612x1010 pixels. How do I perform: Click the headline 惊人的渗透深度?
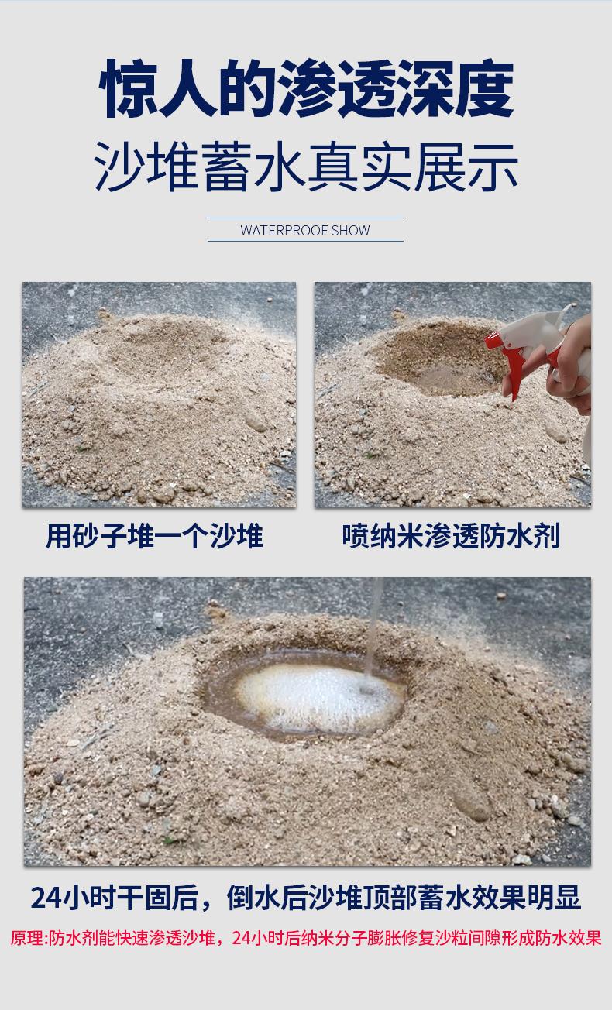click(307, 89)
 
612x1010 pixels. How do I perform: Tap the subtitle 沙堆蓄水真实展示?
click(306, 167)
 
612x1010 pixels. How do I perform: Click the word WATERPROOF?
click(284, 230)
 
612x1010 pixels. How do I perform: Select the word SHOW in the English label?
click(350, 230)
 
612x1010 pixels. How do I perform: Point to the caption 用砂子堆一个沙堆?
click(154, 536)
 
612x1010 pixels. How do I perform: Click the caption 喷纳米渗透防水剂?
click(451, 536)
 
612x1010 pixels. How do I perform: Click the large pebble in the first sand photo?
click(256, 421)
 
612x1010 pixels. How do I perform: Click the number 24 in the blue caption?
click(46, 897)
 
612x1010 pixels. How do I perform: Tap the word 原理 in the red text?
click(28, 938)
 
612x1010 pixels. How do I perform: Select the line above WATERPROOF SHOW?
click(305, 218)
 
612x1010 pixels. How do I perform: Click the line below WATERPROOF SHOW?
click(305, 241)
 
